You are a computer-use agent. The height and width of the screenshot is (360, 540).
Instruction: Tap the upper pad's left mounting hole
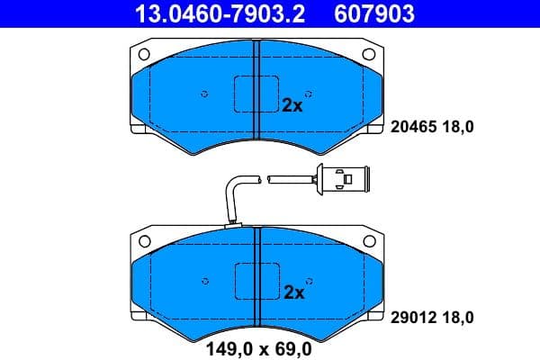pyautogui.click(x=145, y=54)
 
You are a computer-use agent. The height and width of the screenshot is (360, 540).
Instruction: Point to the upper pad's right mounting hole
pyautogui.click(x=368, y=54)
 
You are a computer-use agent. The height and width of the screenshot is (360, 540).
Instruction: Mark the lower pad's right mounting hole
pyautogui.click(x=368, y=241)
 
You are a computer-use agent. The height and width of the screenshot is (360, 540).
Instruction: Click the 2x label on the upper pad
pyautogui.click(x=292, y=104)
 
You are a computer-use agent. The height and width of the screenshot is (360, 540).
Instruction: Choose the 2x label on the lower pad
pyautogui.click(x=292, y=292)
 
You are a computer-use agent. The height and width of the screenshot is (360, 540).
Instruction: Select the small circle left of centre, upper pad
pyautogui.click(x=205, y=93)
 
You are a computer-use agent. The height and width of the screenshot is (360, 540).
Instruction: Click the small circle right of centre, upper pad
pyautogui.click(x=309, y=93)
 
